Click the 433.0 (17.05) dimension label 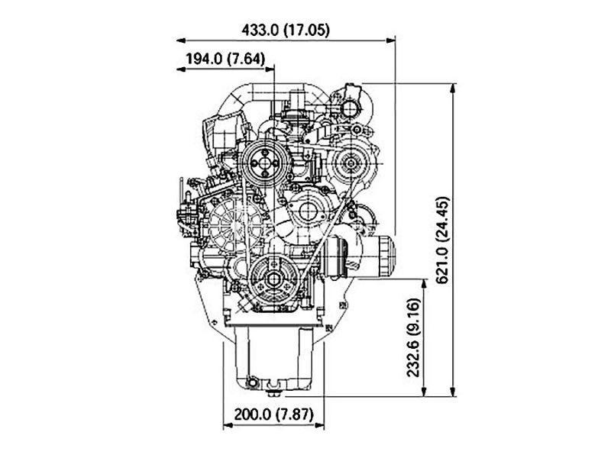pos(286,30)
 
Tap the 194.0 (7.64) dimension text pos(225,60)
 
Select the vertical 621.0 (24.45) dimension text pos(443,240)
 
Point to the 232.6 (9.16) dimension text pos(413,337)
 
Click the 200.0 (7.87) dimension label pos(274,414)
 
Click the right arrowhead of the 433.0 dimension pos(390,40)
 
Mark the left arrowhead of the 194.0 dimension pos(181,69)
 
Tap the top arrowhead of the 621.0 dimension pos(452,88)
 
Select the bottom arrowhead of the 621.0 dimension pos(452,392)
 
